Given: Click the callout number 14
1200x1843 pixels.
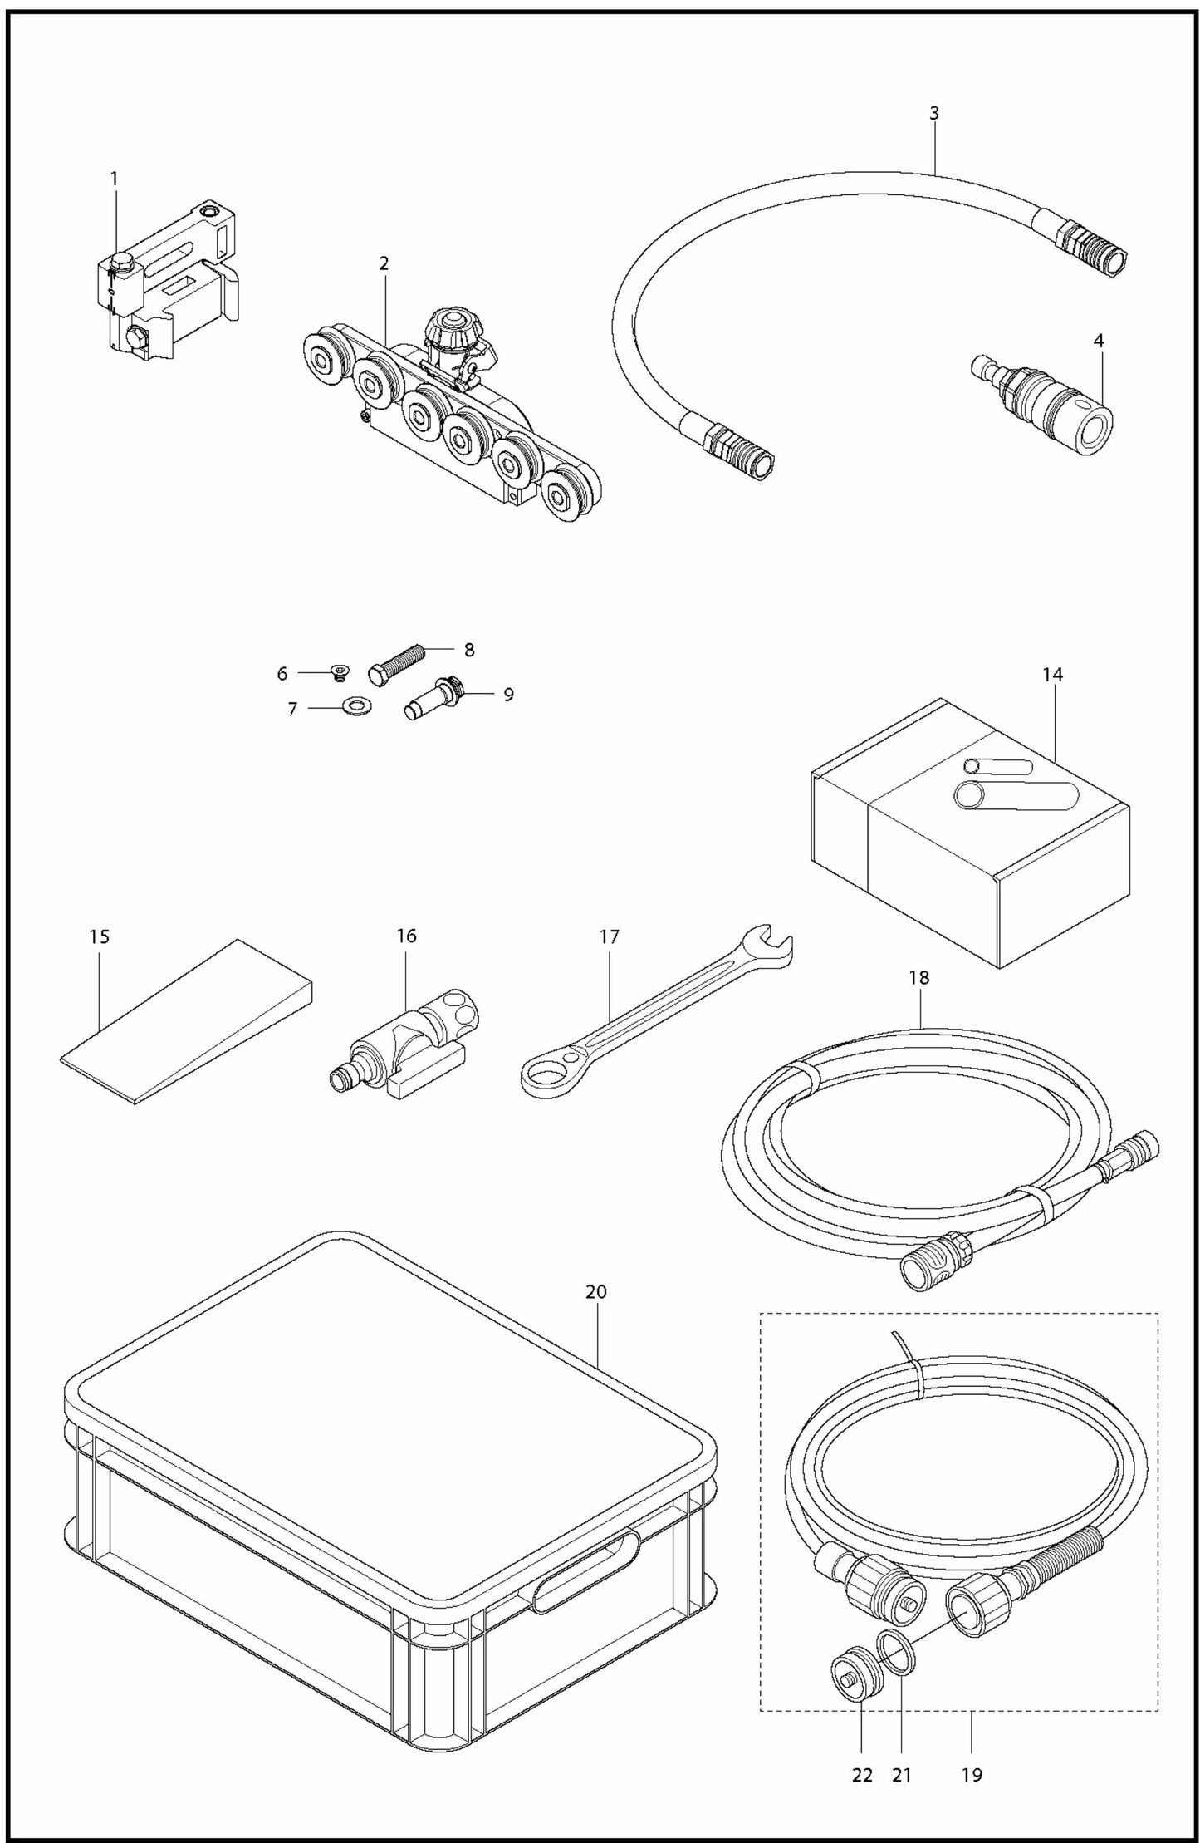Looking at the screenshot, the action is point(1051,675).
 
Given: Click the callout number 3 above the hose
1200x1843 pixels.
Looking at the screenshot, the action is point(934,114).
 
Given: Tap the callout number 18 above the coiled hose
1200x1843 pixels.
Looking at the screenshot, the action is point(918,978).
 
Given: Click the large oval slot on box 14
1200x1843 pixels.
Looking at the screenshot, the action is point(1017,795).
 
